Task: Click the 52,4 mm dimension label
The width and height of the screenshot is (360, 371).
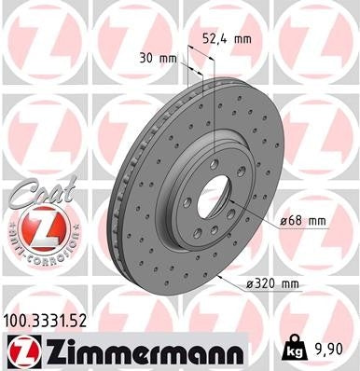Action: pyautogui.click(x=228, y=39)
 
